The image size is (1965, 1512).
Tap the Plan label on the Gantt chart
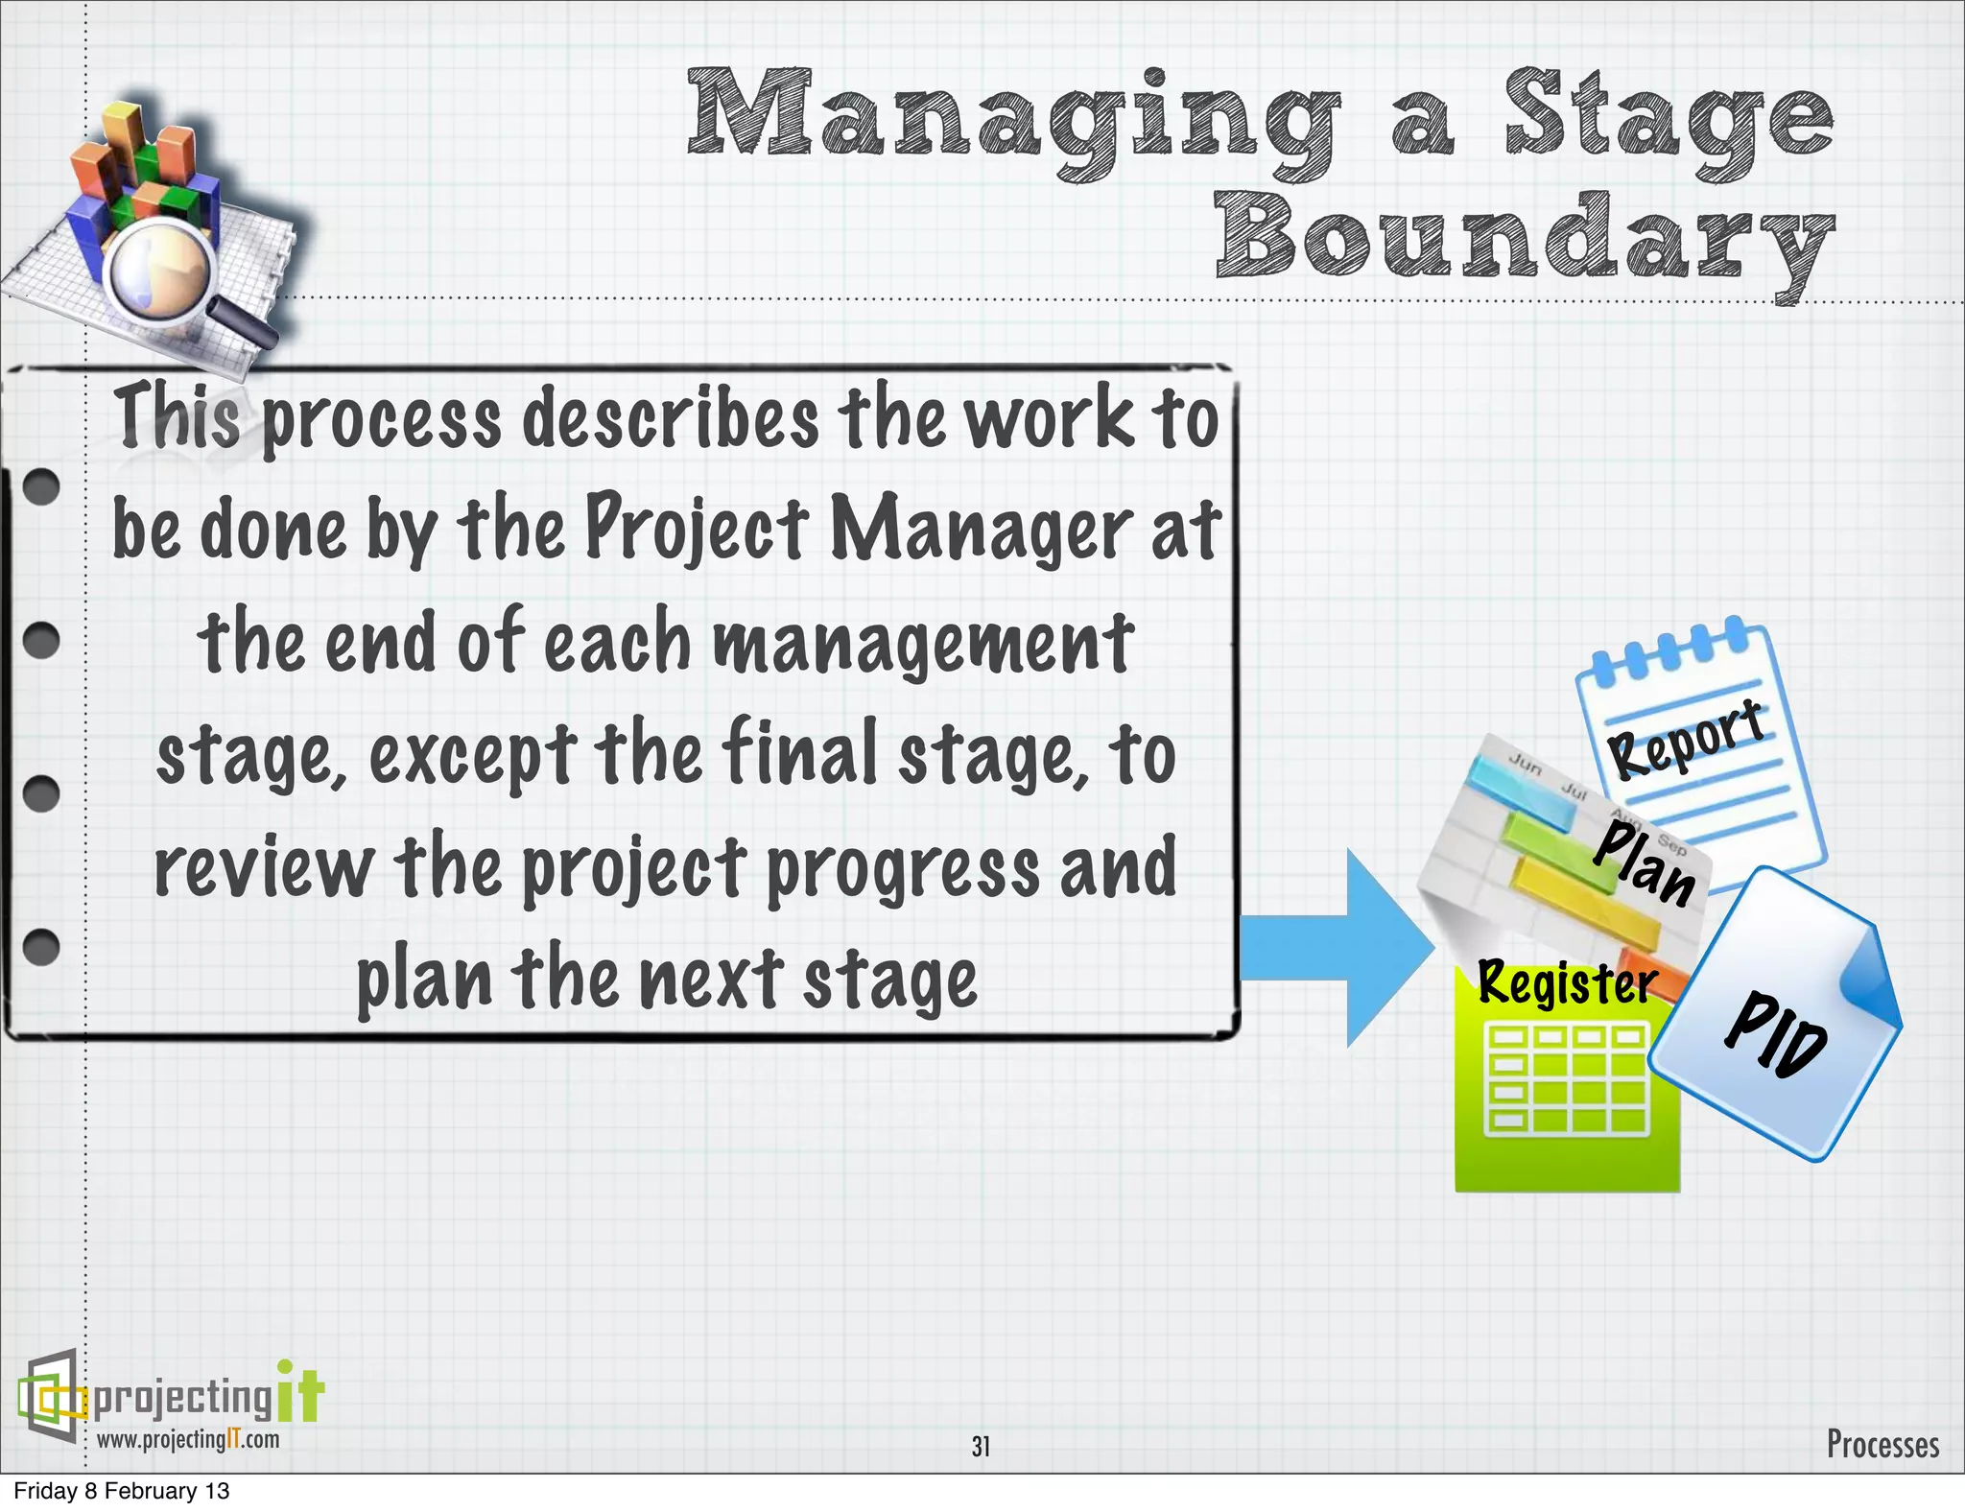pyautogui.click(x=1644, y=863)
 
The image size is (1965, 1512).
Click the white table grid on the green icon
pyautogui.click(x=1566, y=1078)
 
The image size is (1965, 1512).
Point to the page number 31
pyautogui.click(x=981, y=1446)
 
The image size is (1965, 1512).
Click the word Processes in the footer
pyautogui.click(x=1882, y=1443)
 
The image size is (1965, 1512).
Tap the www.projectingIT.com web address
pyautogui.click(x=188, y=1439)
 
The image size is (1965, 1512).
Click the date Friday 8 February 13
pyautogui.click(x=122, y=1491)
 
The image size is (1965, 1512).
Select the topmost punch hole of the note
pyautogui.click(x=41, y=486)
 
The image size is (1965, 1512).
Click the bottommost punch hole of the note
pyautogui.click(x=41, y=946)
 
